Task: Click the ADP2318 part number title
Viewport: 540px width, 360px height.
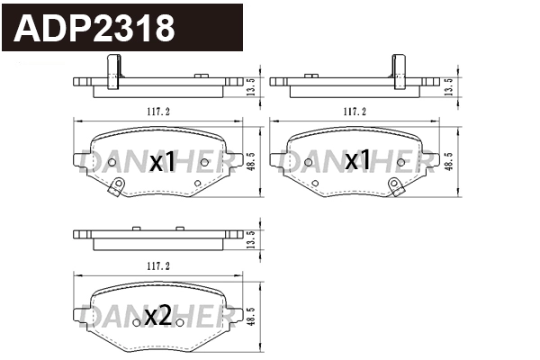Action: [94, 29]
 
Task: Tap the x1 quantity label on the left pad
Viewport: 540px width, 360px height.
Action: [162, 162]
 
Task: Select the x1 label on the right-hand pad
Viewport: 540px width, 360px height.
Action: [357, 160]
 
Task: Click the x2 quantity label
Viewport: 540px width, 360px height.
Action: [158, 317]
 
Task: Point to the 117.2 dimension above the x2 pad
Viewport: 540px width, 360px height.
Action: [158, 266]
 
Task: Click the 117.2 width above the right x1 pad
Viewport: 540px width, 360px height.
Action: [355, 112]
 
